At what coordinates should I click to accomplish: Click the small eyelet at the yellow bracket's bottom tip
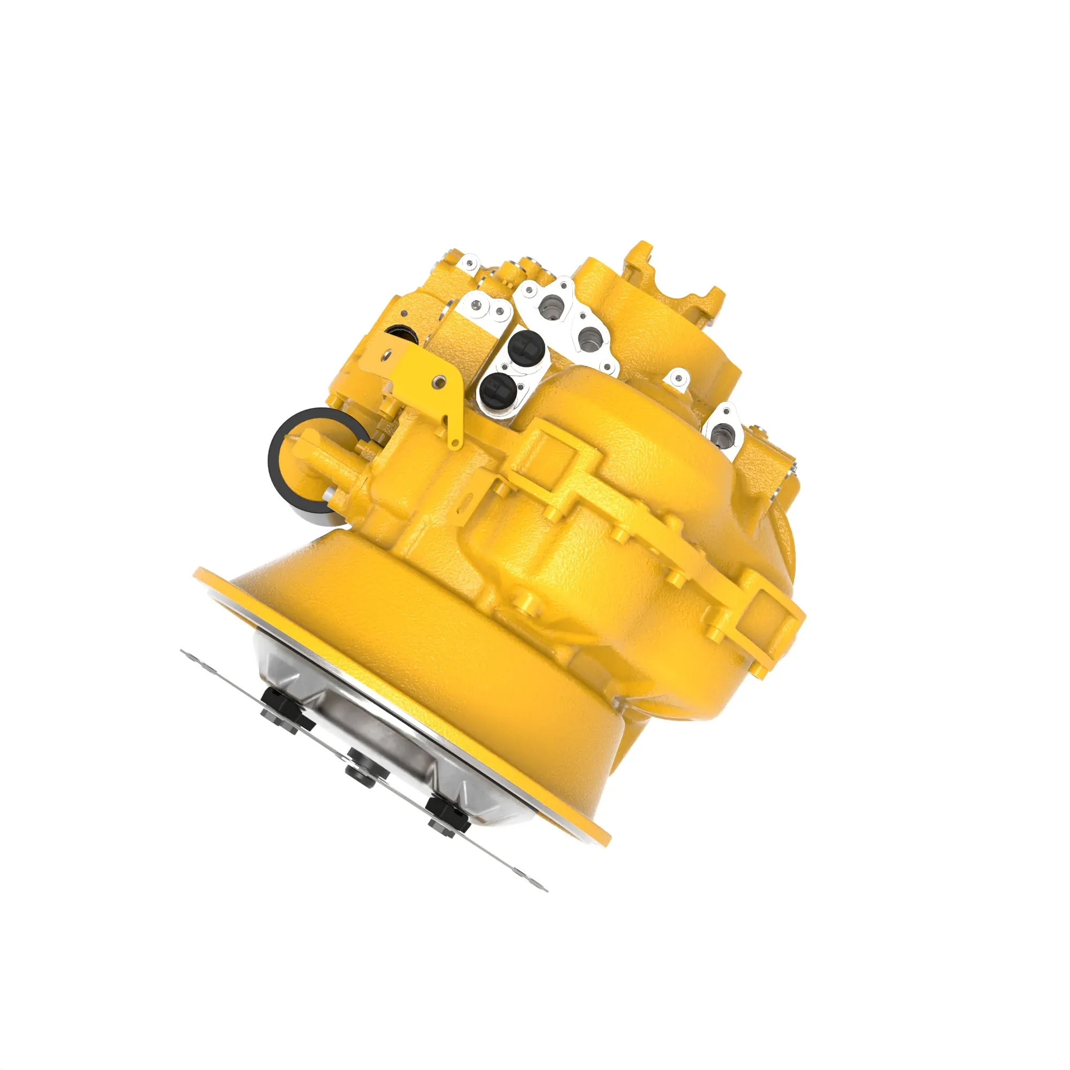click(455, 442)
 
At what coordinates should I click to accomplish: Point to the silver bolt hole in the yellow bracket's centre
click(440, 381)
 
